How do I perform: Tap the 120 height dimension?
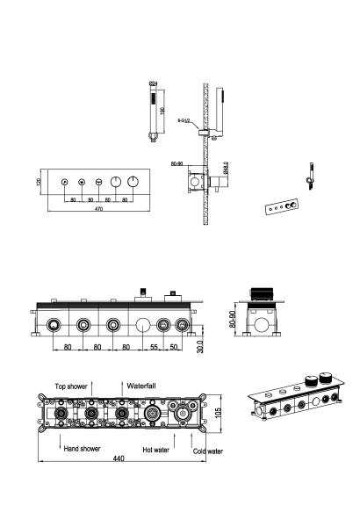pyautogui.click(x=39, y=184)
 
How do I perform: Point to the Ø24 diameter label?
pyautogui.click(x=155, y=83)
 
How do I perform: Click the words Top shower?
pyautogui.click(x=71, y=386)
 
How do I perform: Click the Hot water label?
pyautogui.click(x=157, y=449)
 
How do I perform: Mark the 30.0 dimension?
pyautogui.click(x=201, y=344)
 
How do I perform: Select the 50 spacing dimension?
pyautogui.click(x=176, y=348)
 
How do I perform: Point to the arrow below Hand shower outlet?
pyautogui.click(x=60, y=439)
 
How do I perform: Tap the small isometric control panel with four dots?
pyautogui.click(x=279, y=207)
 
